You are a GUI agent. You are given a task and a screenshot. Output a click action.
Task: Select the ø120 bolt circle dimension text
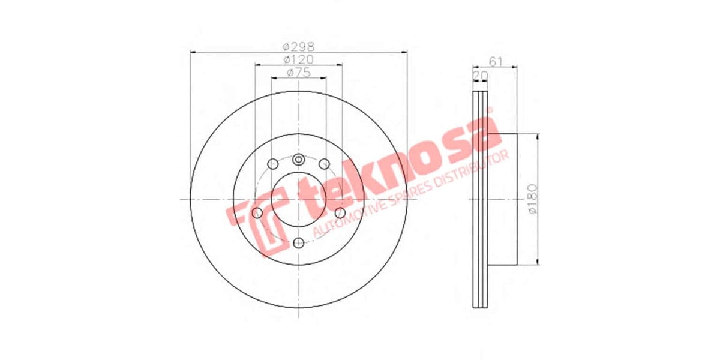[298, 59]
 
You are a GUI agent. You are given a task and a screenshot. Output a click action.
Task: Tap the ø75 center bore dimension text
[298, 73]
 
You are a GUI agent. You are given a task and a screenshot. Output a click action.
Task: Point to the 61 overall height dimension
[496, 61]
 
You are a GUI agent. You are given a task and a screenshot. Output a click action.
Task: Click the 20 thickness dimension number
[480, 74]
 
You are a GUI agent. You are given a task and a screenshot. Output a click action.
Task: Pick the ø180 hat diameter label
[532, 199]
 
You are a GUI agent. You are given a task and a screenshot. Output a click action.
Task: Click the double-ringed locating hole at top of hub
[299, 160]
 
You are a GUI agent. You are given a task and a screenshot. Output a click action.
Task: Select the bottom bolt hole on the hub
[299, 242]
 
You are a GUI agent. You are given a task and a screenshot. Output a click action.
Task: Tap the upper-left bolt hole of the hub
[272, 164]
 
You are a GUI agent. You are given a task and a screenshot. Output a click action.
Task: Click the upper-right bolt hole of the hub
[325, 164]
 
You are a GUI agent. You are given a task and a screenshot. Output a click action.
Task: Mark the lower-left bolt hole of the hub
[258, 212]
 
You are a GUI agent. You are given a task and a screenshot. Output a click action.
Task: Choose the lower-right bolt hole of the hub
[340, 212]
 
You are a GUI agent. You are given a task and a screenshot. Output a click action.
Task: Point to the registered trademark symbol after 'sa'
[490, 110]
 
